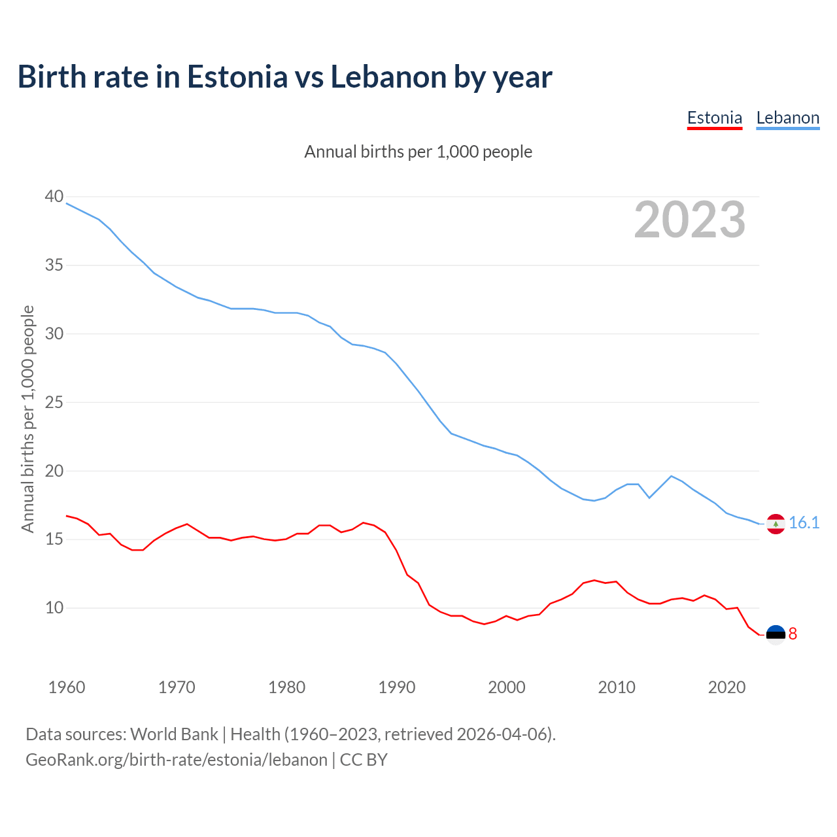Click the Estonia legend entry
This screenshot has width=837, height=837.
click(x=714, y=118)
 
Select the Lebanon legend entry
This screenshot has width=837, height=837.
click(x=787, y=118)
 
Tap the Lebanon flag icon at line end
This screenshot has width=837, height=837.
click(x=776, y=524)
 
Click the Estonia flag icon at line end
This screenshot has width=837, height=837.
click(x=776, y=634)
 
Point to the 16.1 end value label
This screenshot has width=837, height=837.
click(x=804, y=522)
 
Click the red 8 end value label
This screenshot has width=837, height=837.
click(x=793, y=634)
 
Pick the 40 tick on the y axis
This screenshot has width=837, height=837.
click(x=54, y=196)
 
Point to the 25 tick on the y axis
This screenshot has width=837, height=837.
click(x=54, y=402)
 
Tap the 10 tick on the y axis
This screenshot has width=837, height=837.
click(x=54, y=607)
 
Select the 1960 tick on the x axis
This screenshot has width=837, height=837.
click(x=67, y=687)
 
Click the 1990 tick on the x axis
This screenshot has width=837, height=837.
click(x=397, y=687)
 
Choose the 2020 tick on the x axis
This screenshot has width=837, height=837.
click(x=726, y=687)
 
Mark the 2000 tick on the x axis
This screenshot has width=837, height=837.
click(x=507, y=687)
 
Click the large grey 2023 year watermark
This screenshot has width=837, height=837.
click(x=690, y=220)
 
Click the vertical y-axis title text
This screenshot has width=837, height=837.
click(x=27, y=418)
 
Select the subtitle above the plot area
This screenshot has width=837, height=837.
click(x=418, y=152)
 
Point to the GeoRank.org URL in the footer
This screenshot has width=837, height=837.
click(x=177, y=760)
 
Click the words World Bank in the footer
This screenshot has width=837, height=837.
click(x=174, y=734)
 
